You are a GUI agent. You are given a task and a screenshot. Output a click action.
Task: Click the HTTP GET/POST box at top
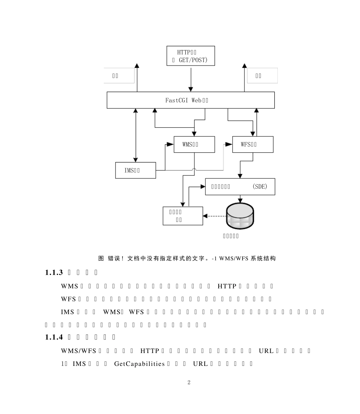point(191,56)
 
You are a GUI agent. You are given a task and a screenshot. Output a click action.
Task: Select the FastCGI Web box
point(191,100)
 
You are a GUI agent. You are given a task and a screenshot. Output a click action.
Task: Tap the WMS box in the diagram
point(194,144)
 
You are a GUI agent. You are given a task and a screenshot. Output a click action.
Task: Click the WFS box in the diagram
point(252,144)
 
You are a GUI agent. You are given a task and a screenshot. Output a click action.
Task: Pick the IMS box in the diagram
point(135,170)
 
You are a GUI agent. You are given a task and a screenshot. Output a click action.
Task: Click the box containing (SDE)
point(240,187)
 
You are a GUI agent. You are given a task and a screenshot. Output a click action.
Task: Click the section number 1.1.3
point(53,272)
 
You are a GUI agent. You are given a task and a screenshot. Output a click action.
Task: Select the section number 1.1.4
point(53,337)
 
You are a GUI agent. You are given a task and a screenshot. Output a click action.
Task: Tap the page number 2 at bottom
point(189,383)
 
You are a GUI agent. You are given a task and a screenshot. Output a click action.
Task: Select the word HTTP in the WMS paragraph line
point(227,285)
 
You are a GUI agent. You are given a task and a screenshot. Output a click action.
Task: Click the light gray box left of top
point(119,76)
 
